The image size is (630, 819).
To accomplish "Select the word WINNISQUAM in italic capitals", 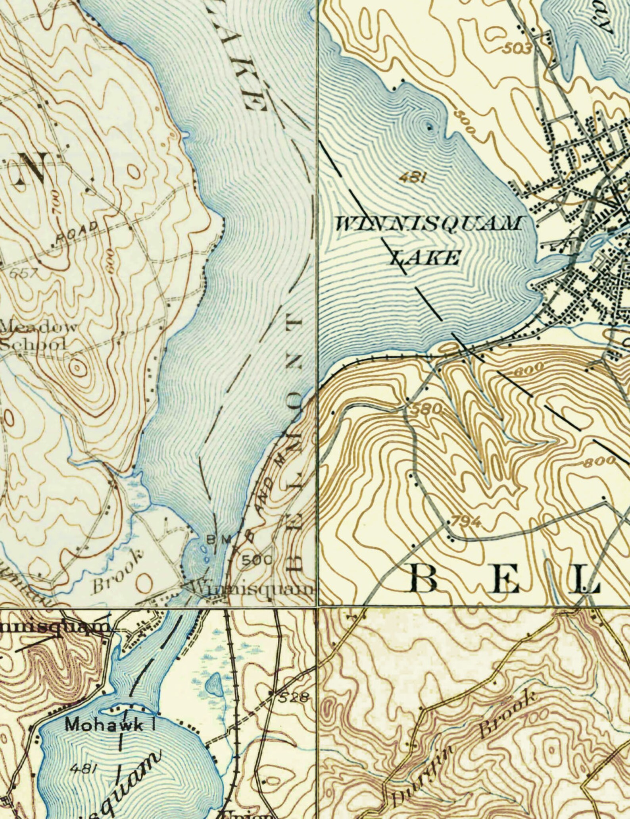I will pyautogui.click(x=427, y=224).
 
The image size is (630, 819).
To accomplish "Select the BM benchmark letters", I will pyautogui.click(x=216, y=540).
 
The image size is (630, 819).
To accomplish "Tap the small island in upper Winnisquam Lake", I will pyautogui.click(x=429, y=127).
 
